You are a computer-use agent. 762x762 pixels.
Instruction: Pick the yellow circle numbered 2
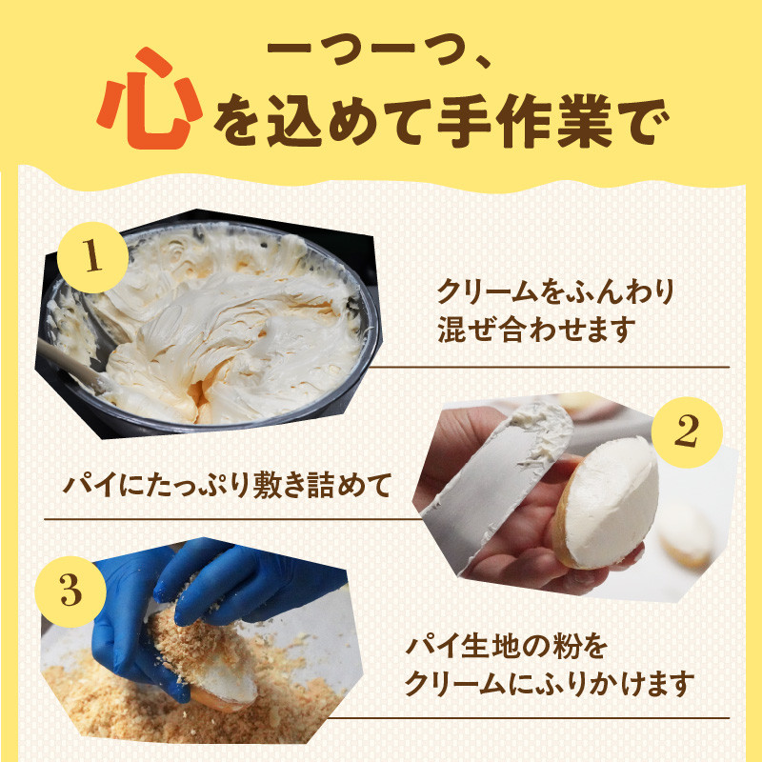[684, 432]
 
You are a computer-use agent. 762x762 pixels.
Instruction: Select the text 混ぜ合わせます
[535, 331]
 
